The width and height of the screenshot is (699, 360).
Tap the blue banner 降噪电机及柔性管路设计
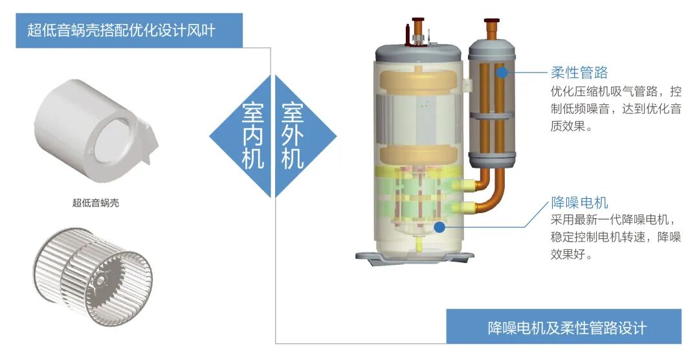click(x=564, y=327)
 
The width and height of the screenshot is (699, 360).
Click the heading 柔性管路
click(x=579, y=72)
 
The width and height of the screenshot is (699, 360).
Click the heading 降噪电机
click(x=579, y=203)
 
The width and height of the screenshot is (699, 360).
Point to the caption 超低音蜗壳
click(x=96, y=203)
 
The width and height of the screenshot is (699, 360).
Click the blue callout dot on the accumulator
click(x=502, y=73)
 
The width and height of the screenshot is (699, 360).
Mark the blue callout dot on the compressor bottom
click(x=439, y=227)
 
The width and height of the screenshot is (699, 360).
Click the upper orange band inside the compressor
click(x=419, y=81)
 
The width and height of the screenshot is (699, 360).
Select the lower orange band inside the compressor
click(x=419, y=155)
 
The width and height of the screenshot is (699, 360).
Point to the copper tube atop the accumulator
click(x=492, y=29)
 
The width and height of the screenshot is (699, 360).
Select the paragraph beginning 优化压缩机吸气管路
click(x=615, y=108)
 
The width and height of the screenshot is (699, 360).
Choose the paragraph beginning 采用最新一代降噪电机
click(x=615, y=237)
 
